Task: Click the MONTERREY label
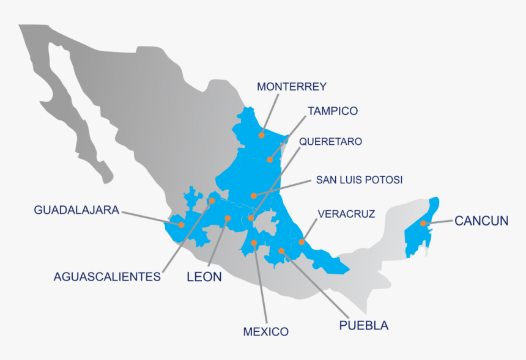[x=292, y=87]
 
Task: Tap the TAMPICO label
[x=333, y=111]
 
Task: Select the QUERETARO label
[x=330, y=142]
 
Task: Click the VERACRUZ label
[x=346, y=213]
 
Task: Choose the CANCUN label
[x=481, y=221]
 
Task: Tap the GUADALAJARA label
[x=76, y=210]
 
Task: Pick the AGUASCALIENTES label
[x=107, y=277]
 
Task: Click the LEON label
[x=204, y=277]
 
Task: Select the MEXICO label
[x=265, y=332]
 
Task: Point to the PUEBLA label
[x=363, y=325]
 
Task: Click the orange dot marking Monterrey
[x=261, y=135]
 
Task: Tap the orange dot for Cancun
[x=423, y=224]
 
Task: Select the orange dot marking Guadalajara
[x=182, y=224]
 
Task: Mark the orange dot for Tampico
[x=269, y=160]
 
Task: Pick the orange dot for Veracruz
[x=302, y=242]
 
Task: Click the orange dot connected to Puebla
[x=281, y=251]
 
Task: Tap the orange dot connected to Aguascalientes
[x=212, y=200]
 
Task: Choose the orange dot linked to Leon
[x=227, y=218]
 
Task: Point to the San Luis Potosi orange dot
[x=253, y=196]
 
